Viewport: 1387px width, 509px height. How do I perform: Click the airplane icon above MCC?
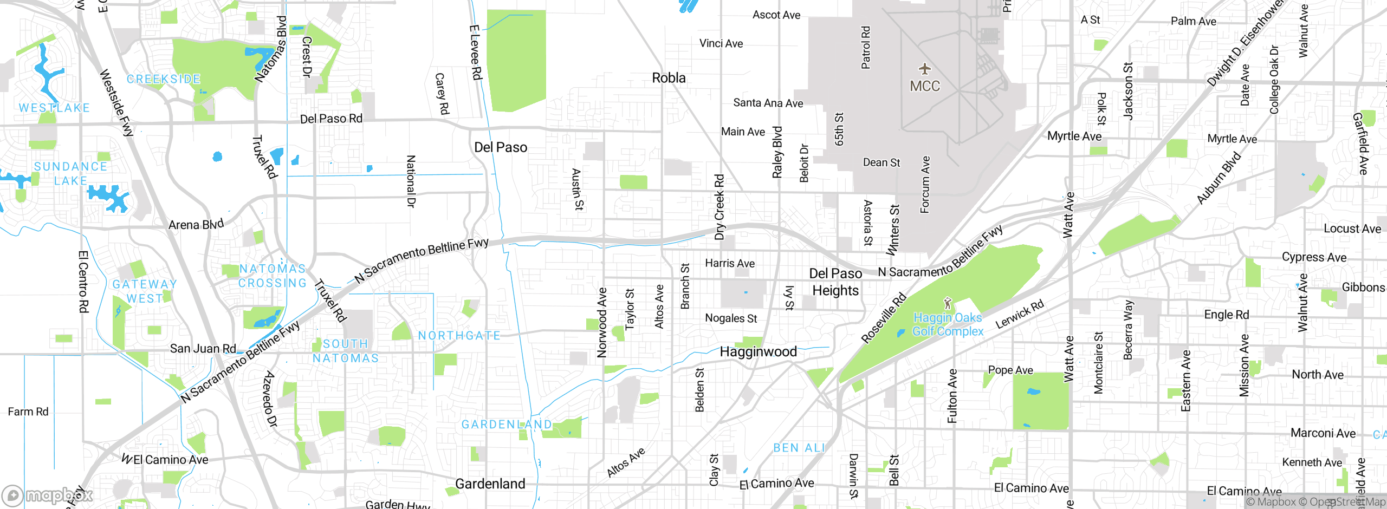[925, 69]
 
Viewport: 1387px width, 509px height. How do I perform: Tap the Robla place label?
[669, 78]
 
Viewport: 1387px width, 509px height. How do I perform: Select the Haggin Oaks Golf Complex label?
[948, 324]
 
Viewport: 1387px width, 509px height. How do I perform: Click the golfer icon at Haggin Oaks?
[947, 303]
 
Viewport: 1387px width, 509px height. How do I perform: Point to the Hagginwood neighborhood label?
[758, 352]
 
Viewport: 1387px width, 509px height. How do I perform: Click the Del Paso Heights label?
[835, 282]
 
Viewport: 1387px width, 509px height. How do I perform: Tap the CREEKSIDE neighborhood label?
[164, 79]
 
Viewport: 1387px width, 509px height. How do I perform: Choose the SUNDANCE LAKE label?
[70, 173]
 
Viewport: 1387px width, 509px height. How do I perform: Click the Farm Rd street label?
[28, 412]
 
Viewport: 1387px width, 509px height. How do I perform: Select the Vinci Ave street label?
[721, 43]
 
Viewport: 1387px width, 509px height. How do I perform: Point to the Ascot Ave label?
[776, 15]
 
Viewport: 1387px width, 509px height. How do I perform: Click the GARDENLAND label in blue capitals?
[507, 425]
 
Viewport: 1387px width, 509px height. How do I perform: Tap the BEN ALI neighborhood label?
[799, 448]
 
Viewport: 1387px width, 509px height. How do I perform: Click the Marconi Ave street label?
[1323, 433]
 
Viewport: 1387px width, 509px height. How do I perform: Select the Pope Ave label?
[1010, 370]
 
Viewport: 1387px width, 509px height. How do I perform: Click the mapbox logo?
[48, 495]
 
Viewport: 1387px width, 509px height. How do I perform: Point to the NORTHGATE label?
[459, 336]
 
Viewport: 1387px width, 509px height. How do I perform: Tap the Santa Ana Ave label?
[768, 103]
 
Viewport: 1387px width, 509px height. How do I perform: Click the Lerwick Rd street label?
[1020, 314]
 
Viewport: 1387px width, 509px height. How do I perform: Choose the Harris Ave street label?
[730, 264]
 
